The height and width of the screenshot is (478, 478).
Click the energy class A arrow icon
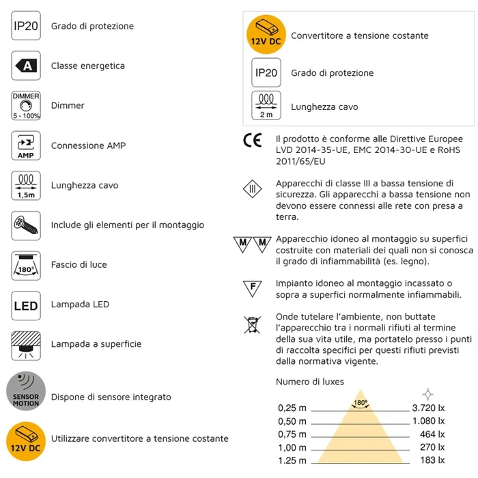point(26,66)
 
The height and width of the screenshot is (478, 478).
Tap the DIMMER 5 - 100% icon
point(26,106)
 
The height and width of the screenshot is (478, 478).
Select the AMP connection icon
point(26,145)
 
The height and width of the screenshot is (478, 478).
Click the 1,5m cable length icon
point(26,185)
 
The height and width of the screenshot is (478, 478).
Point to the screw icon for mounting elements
point(26,225)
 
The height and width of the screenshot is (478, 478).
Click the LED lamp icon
point(26,305)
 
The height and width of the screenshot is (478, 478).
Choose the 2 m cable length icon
point(266,107)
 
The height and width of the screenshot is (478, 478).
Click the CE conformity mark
point(253,141)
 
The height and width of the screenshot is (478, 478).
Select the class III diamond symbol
point(253,188)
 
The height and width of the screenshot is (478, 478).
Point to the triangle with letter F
point(253,288)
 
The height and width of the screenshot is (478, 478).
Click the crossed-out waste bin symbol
point(253,324)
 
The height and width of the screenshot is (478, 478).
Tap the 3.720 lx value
point(430,408)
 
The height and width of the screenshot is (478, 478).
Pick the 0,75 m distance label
point(292,434)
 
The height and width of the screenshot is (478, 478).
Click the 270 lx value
point(432,447)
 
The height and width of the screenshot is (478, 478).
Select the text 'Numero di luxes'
point(310,381)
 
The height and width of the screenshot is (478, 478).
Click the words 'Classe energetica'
point(88,66)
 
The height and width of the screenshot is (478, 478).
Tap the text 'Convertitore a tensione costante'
point(360,36)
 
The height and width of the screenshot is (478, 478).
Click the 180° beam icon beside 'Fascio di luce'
point(26,265)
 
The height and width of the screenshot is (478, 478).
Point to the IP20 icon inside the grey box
point(266,72)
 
